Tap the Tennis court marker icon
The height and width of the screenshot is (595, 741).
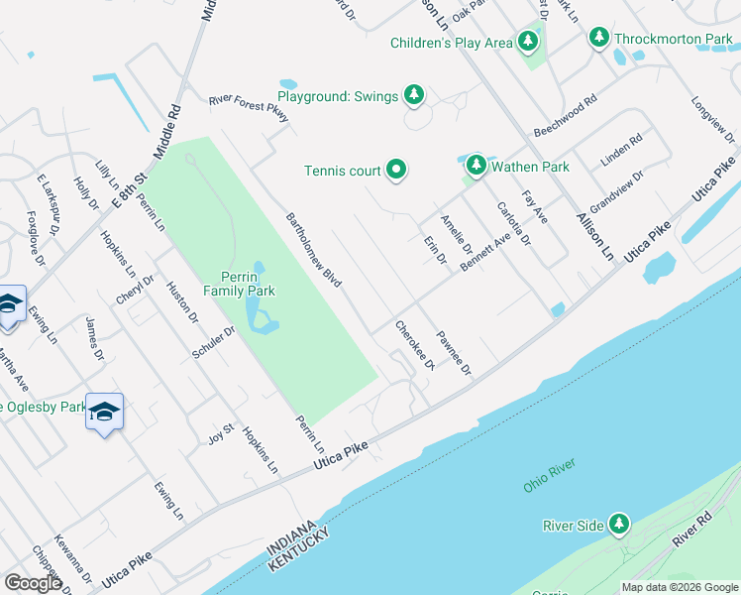[396, 171]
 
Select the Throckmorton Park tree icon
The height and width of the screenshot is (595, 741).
[598, 39]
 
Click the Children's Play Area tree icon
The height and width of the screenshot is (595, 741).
[529, 42]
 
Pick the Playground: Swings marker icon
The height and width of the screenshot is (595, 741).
[414, 95]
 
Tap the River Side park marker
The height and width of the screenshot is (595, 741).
[619, 524]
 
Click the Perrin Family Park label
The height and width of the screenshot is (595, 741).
[239, 284]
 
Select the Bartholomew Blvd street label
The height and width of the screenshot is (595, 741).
[313, 250]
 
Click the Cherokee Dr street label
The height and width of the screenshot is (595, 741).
[415, 344]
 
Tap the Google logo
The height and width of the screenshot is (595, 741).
[33, 582]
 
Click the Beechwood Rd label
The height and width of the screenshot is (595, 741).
[566, 117]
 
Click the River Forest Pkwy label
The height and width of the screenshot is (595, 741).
[249, 107]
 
